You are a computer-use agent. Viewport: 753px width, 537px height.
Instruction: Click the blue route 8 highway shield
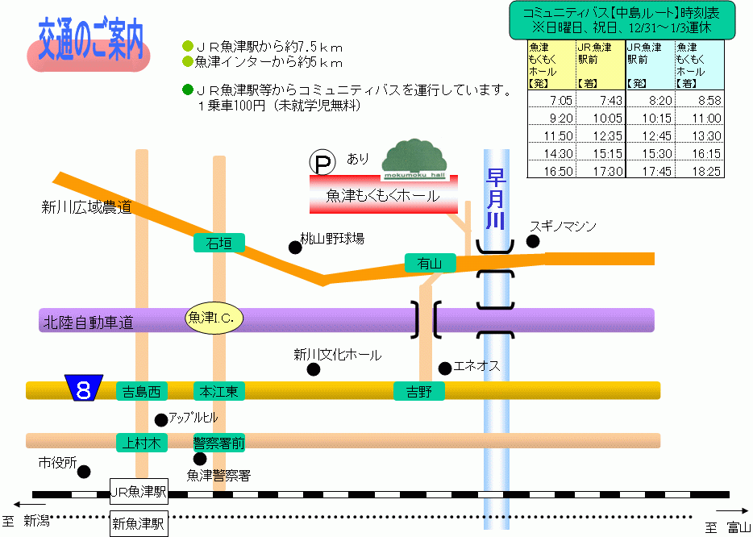point(84,388)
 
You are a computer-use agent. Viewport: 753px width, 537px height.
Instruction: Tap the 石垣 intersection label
point(219,243)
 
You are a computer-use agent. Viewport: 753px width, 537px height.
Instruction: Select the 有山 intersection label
point(430,263)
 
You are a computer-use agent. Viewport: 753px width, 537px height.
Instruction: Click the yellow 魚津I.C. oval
point(214,318)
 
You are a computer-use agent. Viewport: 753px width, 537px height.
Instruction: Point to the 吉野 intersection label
point(418,392)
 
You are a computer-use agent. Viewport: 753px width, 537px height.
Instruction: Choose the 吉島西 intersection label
point(142,392)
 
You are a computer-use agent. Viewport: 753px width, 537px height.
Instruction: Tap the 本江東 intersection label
point(219,392)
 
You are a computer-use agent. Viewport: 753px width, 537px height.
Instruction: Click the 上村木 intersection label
point(142,443)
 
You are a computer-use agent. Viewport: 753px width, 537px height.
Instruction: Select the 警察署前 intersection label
point(219,443)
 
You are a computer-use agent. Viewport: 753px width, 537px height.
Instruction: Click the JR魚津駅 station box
point(139,491)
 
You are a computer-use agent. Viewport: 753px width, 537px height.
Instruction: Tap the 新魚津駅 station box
point(139,523)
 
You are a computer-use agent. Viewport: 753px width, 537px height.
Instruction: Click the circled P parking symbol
point(322,162)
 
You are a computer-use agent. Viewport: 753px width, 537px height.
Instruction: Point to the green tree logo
point(415,159)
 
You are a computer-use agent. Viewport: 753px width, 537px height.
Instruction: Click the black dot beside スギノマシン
point(533,241)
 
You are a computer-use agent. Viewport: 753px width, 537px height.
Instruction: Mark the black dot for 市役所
point(84,472)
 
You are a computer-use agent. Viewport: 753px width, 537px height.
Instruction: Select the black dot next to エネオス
point(445,368)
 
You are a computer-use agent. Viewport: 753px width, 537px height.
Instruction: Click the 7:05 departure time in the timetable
point(561,101)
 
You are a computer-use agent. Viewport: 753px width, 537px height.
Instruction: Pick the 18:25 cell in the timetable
point(706,171)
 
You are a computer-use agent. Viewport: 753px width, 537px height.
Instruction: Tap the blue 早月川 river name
point(496,198)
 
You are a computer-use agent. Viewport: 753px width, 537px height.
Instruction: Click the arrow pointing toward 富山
point(732,511)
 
